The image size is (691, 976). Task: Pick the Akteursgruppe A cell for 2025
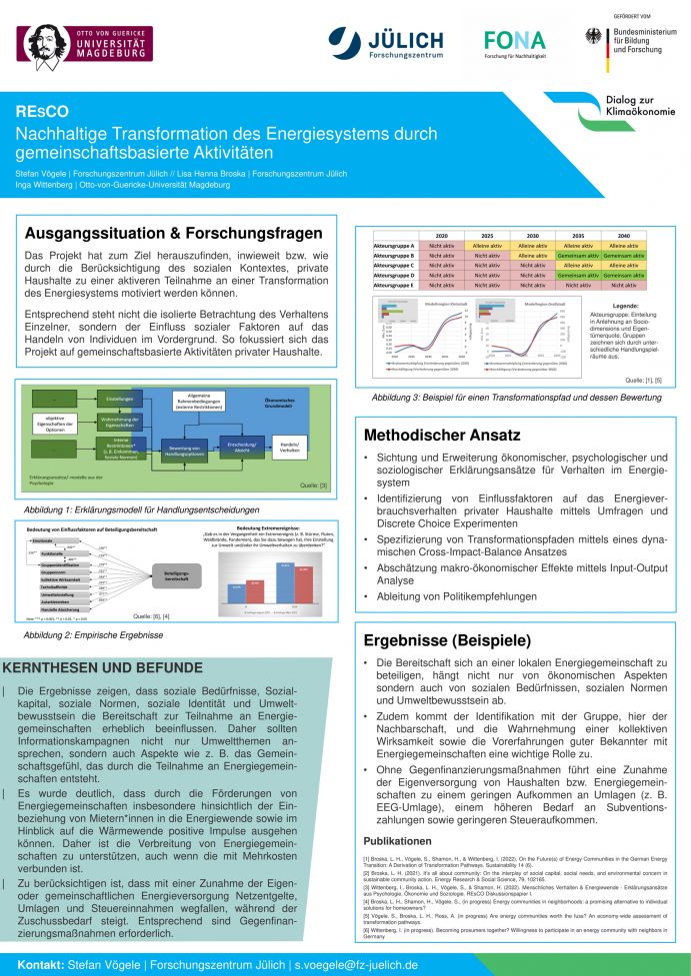[487, 245]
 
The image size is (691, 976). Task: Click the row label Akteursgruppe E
[393, 285]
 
